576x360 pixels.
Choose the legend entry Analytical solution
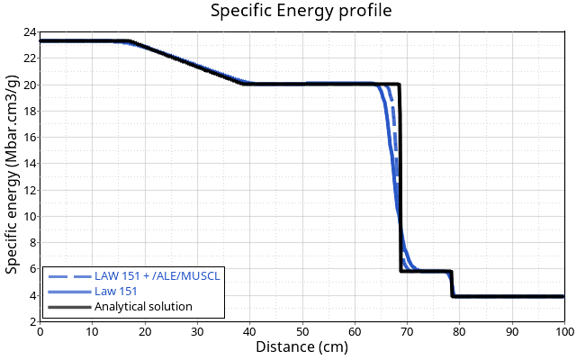coord(143,306)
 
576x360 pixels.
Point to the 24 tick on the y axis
coord(31,32)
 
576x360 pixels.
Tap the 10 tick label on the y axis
coord(31,216)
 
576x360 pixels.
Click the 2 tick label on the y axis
coord(32,321)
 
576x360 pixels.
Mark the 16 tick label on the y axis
coord(31,138)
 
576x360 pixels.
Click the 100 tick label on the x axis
coord(564,331)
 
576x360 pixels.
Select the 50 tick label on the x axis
coord(301,331)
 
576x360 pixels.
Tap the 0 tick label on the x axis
coord(40,331)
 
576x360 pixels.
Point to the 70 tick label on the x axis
coord(407,331)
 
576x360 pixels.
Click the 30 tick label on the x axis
coord(197,331)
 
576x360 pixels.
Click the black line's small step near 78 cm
coord(451,283)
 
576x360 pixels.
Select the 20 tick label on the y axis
coord(31,85)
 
